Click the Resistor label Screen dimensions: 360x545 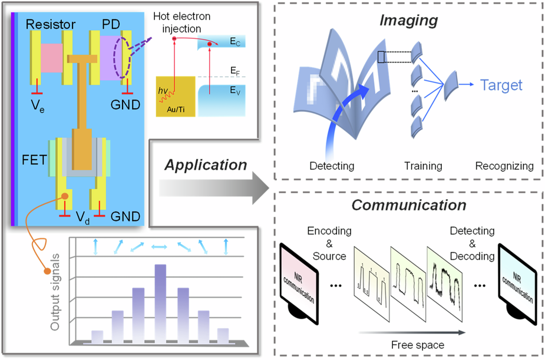(51, 25)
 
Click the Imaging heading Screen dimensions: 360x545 (408, 21)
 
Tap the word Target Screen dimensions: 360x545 (500, 85)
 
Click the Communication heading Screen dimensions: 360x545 (408, 205)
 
